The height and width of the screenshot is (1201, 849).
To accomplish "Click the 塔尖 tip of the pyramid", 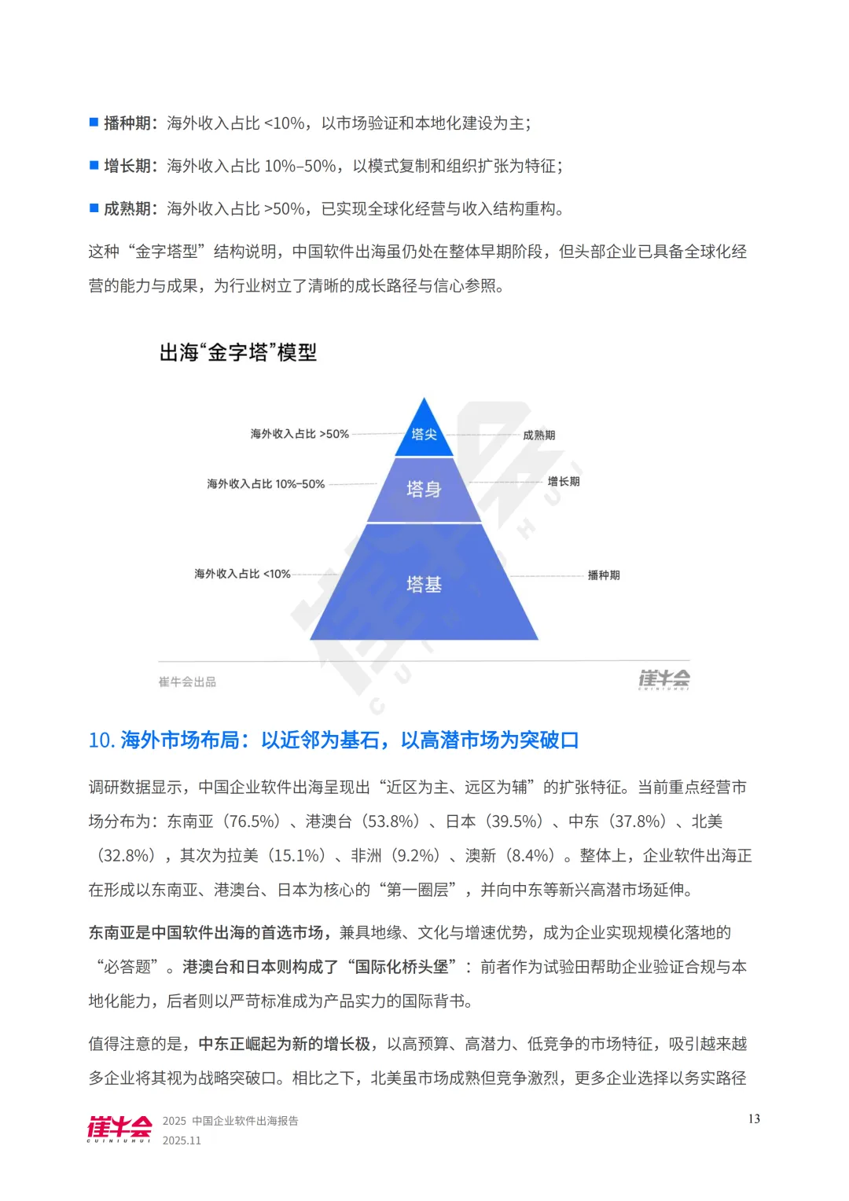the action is click(424, 434).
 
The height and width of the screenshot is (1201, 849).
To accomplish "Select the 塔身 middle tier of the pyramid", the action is click(424, 489).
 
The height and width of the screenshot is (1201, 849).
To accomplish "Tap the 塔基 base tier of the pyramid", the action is click(424, 584).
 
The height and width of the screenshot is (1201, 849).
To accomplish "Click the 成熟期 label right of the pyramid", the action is click(539, 435).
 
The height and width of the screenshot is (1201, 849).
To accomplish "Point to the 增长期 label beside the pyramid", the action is click(564, 481).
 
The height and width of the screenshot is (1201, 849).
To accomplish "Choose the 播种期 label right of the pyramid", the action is click(604, 575).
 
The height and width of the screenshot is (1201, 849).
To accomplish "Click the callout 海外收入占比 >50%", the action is click(300, 434).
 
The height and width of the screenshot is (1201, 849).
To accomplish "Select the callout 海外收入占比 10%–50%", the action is click(266, 484).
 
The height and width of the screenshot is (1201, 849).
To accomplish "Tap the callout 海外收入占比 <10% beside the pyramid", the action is click(242, 574).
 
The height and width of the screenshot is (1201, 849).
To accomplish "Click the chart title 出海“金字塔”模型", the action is click(238, 352).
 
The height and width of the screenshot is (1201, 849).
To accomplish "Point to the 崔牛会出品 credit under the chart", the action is click(187, 681).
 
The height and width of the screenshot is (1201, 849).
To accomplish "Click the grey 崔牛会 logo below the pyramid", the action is click(664, 679).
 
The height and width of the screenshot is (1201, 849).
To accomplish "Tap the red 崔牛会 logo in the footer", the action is click(119, 1129).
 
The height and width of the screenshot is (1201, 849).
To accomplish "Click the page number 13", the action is click(754, 1118).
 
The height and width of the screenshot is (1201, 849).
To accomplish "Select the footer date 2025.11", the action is click(182, 1140).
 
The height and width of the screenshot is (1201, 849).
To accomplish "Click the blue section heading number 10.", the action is click(101, 740).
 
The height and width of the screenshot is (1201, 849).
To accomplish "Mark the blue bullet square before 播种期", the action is click(94, 122).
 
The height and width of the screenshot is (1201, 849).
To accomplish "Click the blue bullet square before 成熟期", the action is click(94, 208).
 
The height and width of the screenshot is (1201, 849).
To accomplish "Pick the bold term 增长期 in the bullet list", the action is click(127, 166).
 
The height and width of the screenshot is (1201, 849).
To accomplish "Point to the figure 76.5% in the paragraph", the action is click(252, 821).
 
